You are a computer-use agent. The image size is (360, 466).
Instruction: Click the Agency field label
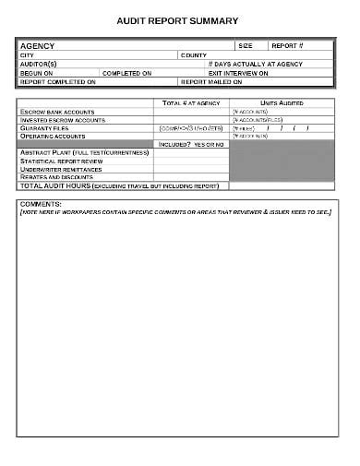(38, 45)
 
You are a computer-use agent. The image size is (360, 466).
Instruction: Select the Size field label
(245, 45)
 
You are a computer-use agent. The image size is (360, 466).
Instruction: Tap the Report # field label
(286, 45)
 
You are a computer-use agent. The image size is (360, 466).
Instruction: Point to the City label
(27, 54)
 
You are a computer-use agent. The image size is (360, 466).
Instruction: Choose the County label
(193, 54)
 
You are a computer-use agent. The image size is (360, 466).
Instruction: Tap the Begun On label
(36, 73)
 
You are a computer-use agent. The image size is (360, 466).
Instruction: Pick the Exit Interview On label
(238, 73)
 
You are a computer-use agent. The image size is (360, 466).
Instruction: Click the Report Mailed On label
(211, 81)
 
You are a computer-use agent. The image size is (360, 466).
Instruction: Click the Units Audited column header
(282, 102)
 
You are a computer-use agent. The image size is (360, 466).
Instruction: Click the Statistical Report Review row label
(61, 161)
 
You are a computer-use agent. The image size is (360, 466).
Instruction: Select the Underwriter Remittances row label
(63, 169)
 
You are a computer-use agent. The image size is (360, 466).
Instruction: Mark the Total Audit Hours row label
(119, 185)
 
